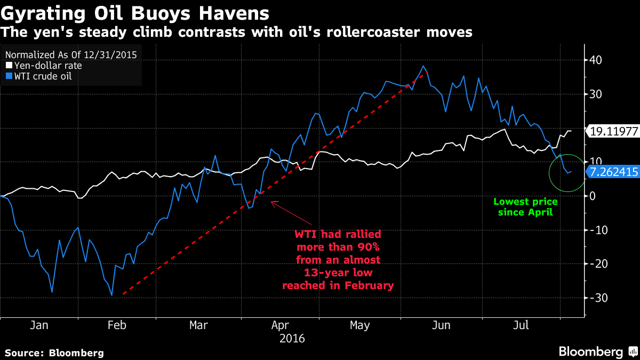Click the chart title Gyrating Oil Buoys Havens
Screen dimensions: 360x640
[x=135, y=12]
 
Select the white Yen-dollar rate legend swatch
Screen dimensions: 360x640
[x=8, y=66]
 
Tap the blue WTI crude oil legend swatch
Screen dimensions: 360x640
[x=8, y=76]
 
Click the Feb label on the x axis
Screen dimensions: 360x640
[x=116, y=325]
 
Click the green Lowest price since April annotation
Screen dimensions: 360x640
[x=525, y=207]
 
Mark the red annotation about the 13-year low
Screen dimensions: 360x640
[x=338, y=260]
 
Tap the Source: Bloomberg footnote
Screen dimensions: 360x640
[x=54, y=353]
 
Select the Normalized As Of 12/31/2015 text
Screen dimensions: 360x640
[x=71, y=54]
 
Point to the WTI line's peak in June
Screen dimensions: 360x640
[x=423, y=66]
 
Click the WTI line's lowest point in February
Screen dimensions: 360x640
[x=111, y=295]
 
